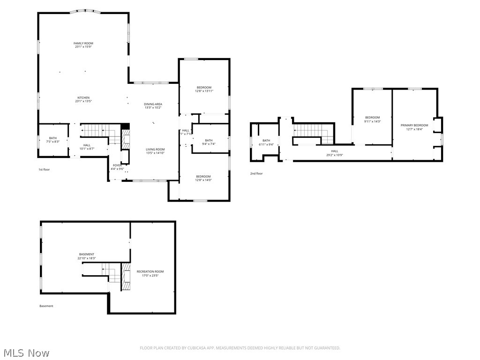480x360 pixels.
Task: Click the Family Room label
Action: point(83,43)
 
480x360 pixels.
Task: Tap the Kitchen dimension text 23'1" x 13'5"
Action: point(83,101)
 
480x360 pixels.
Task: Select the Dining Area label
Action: point(153,104)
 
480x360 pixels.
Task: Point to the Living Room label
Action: point(155,150)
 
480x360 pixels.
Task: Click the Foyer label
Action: point(117,165)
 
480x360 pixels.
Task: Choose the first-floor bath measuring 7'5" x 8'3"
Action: point(52,140)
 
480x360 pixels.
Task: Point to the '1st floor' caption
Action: point(44,169)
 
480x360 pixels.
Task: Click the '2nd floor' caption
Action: point(256,173)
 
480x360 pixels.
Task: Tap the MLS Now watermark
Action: point(25,352)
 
